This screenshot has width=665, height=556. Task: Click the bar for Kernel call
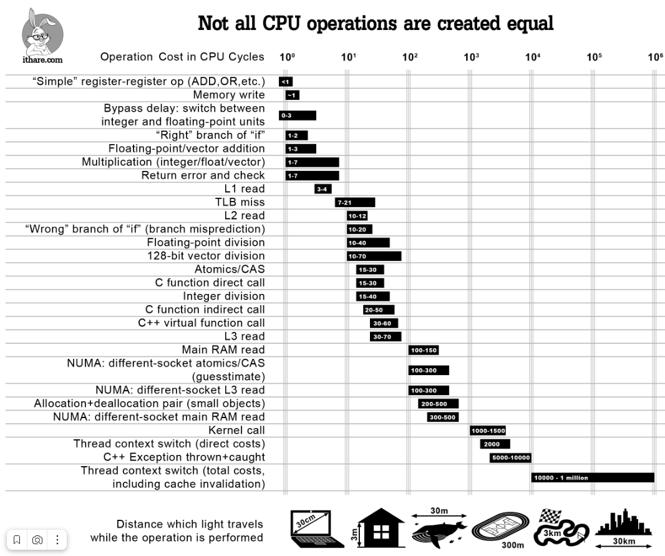point(487,431)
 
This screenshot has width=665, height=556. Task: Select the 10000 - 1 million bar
point(592,477)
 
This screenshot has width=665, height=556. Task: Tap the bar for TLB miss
point(355,202)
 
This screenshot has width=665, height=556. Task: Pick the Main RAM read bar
point(424,350)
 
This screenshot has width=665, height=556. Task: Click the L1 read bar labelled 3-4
point(323,189)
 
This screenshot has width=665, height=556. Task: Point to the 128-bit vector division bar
point(374,256)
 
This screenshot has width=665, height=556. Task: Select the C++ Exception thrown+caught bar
point(510,457)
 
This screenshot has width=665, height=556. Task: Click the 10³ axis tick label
point(471,57)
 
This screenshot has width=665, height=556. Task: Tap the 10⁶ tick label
point(655,57)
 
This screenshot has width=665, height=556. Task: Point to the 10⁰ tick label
point(287,57)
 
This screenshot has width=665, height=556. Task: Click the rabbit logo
point(42,31)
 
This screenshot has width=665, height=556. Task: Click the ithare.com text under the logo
point(42,60)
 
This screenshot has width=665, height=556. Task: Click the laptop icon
point(317,529)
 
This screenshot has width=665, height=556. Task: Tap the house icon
point(380,529)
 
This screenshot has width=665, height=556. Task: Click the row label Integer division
point(223,296)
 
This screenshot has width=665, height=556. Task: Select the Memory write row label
point(228,95)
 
